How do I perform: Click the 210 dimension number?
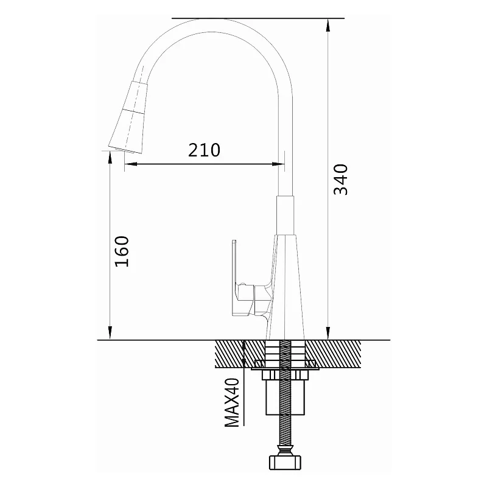pos(204,150)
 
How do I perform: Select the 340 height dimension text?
pos(340,180)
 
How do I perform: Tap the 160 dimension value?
pos(122,251)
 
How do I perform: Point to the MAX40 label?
pos(232,402)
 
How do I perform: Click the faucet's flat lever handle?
pos(237,278)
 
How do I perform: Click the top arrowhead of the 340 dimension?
pos(328,25)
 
